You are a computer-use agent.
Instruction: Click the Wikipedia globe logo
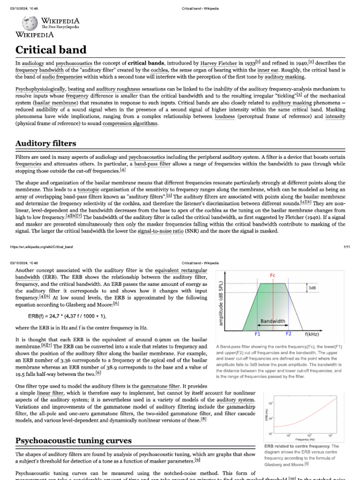coord(29,23)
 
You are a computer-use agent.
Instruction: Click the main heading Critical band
coord(51,50)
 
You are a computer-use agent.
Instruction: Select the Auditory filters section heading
coord(46,143)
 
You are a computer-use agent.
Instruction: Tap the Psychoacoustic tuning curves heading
coord(74,441)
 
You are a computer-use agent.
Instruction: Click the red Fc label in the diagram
coord(273,275)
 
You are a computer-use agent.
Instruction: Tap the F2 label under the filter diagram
coord(288,334)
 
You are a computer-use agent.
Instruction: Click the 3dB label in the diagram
coord(312,288)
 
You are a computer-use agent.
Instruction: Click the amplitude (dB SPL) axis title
coord(221,303)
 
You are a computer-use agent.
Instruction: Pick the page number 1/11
coord(346,247)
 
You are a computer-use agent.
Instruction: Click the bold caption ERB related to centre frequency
coord(297,446)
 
